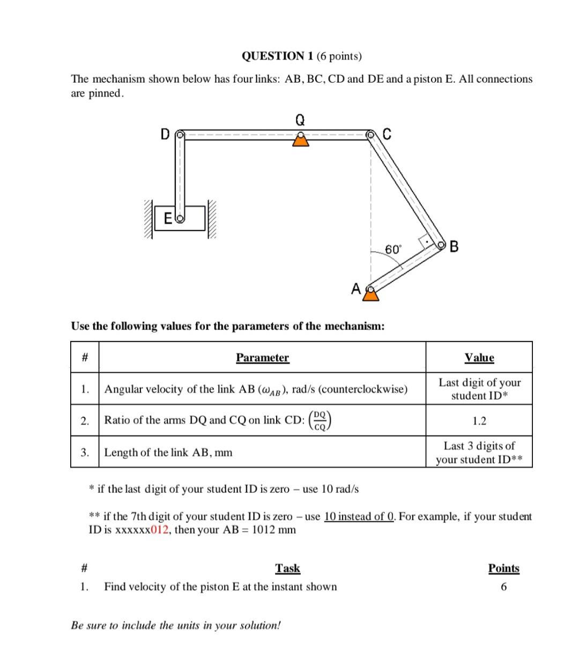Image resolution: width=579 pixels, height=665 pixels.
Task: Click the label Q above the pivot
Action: coord(300,120)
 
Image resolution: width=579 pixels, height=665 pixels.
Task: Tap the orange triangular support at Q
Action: coord(300,140)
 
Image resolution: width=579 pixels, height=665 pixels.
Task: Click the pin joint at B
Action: coord(442,245)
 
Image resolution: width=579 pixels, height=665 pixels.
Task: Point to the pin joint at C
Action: coord(370,134)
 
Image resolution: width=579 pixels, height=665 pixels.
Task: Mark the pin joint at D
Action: coord(181,134)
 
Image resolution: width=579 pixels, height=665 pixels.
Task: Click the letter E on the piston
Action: coord(168,218)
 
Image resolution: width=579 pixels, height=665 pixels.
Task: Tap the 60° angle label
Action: coord(392,249)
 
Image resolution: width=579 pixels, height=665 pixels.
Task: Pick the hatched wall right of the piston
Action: coord(212,219)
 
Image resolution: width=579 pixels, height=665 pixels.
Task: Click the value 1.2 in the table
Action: coord(479,421)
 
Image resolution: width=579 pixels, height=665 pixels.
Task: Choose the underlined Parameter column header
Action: coord(262,358)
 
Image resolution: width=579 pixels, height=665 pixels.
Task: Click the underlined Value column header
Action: coord(479,358)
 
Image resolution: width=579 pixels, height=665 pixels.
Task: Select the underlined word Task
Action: coord(287,568)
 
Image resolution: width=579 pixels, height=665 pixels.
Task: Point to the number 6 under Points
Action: coord(503,587)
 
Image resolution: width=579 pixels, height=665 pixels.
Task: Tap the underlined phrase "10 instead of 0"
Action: coord(359,516)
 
